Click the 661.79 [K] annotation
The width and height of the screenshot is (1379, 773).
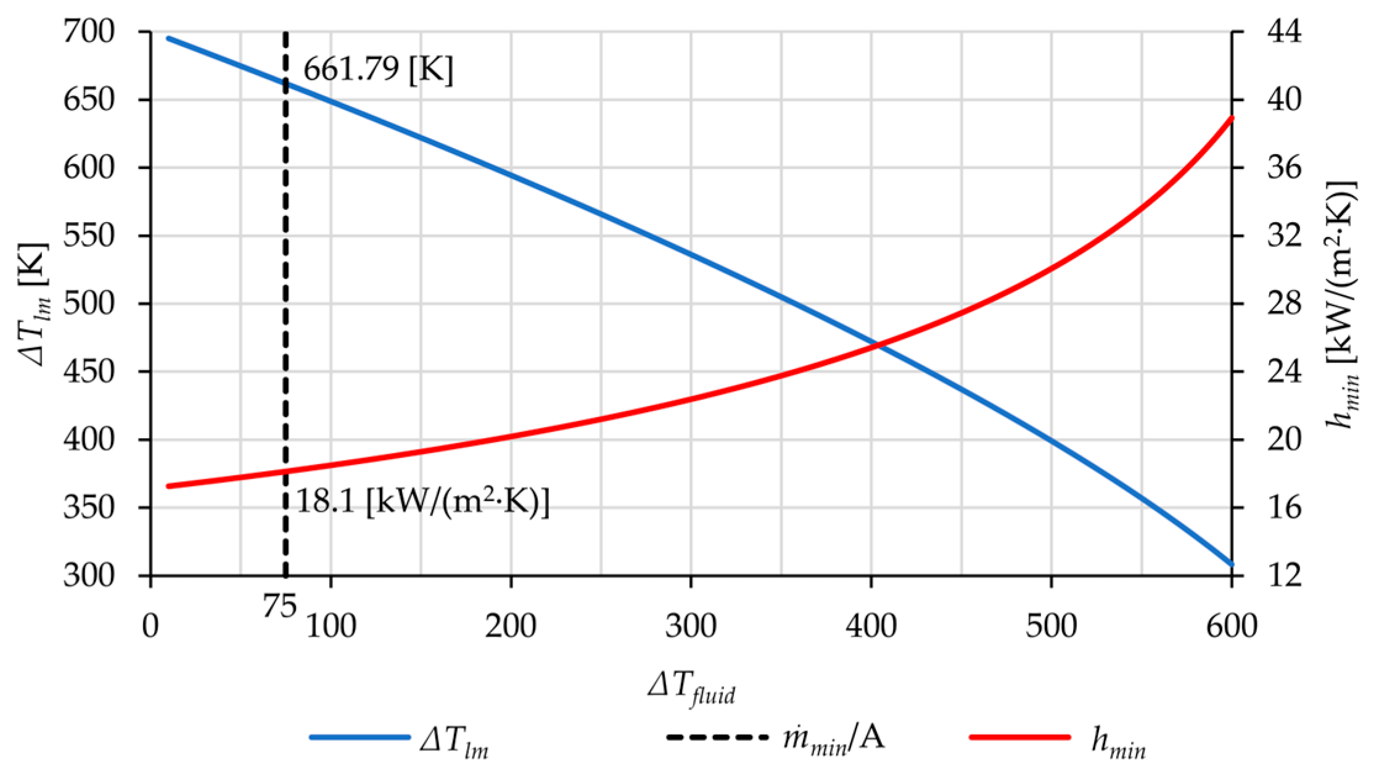pos(377,72)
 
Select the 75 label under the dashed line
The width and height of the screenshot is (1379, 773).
pos(279,608)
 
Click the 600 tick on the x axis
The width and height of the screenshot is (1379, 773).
pos(1231,626)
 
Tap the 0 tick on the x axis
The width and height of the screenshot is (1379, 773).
pos(151,626)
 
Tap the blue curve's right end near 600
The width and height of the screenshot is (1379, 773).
pos(1230,564)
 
